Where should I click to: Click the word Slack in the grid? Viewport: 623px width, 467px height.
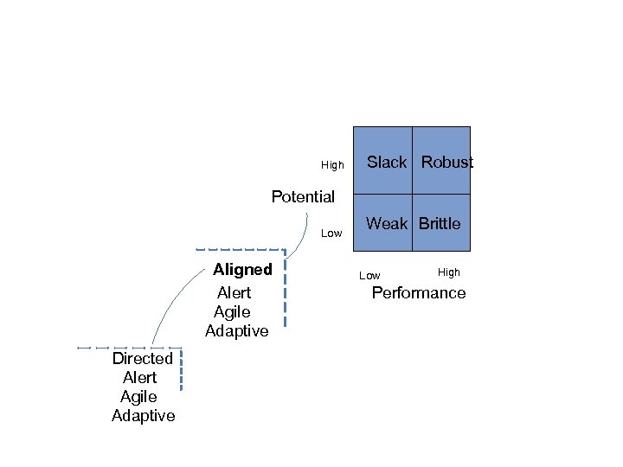387,163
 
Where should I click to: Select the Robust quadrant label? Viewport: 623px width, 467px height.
447,163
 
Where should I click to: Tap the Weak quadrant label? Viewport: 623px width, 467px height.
387,224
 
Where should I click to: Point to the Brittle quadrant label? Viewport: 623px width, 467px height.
440,224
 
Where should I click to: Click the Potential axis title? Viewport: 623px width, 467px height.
303,196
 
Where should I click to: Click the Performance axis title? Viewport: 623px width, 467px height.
418,293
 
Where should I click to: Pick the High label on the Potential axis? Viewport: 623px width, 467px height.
332,165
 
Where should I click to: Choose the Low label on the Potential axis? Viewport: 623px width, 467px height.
331,233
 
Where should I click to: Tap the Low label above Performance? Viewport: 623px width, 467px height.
369,276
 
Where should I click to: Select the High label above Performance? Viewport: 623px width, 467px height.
449,272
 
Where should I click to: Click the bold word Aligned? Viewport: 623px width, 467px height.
242,269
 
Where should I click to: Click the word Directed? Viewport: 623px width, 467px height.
143,358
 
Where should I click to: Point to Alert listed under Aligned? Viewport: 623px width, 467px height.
234,293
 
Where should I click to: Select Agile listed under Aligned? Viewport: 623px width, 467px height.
232,312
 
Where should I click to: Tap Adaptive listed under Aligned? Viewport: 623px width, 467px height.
237,331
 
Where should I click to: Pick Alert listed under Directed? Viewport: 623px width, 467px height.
140,378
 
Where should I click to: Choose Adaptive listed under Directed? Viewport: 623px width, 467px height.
144,416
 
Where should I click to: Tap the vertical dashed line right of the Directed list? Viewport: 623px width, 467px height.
182,372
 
